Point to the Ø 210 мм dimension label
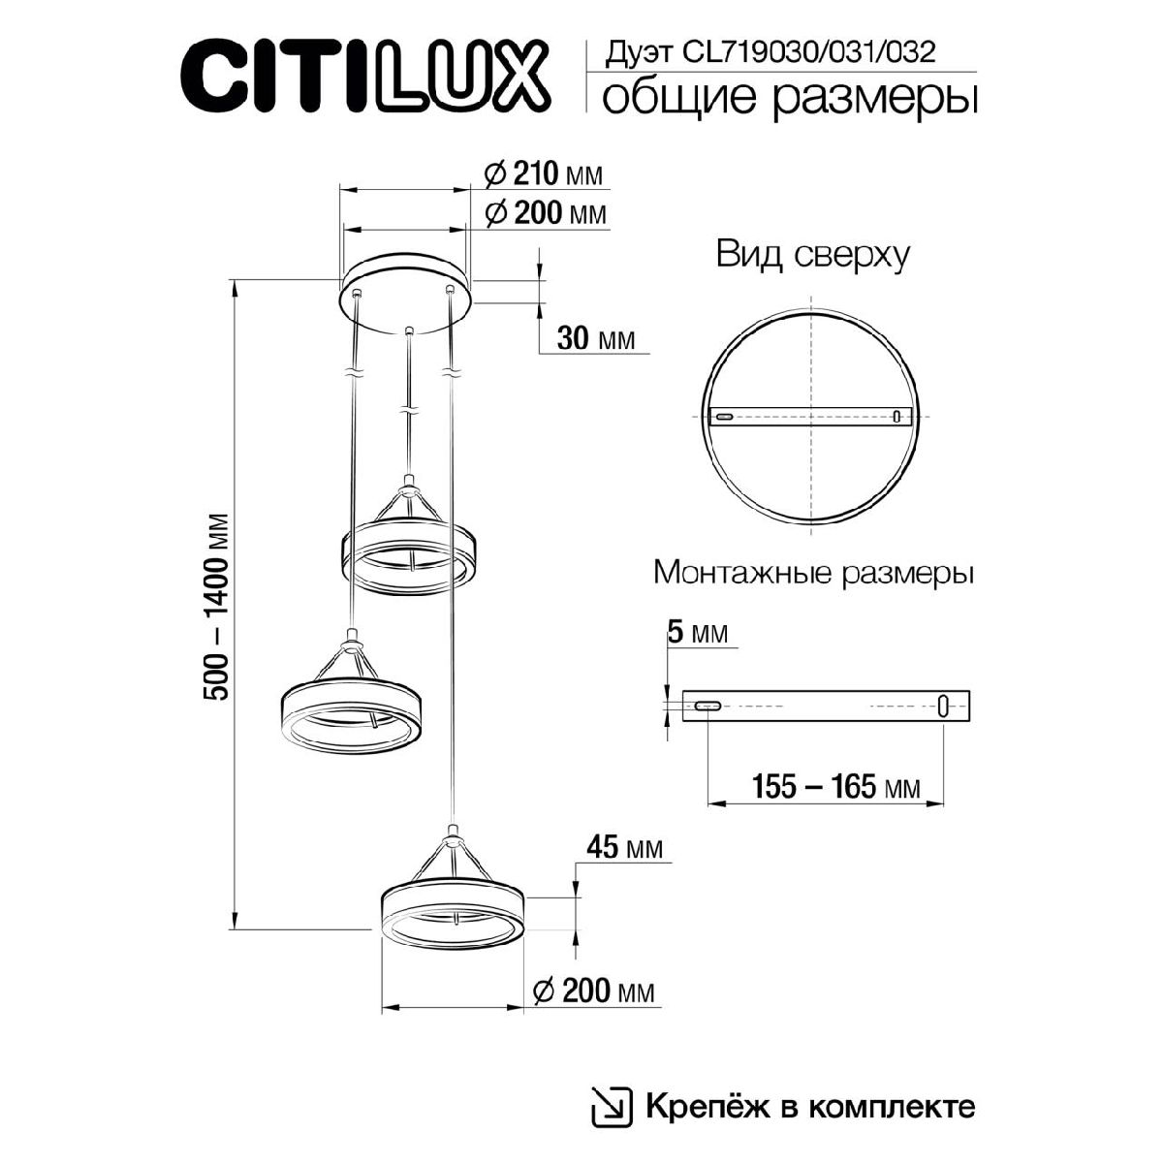click(x=543, y=174)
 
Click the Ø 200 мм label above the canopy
click(x=543, y=213)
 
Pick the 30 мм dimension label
click(x=595, y=338)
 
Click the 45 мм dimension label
click(x=625, y=848)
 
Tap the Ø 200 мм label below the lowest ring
click(x=593, y=990)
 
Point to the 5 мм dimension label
click(x=697, y=633)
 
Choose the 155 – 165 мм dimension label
click(x=835, y=787)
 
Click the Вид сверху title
click(x=812, y=255)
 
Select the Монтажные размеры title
click(x=813, y=573)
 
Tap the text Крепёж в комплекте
click(x=809, y=1107)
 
